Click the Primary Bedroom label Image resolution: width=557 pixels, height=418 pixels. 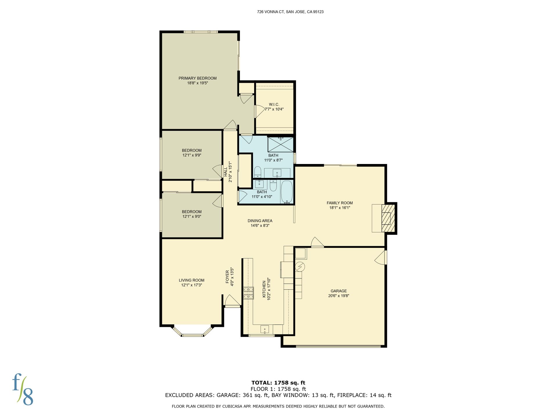pyautogui.click(x=198, y=78)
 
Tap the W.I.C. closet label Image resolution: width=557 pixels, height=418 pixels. pyautogui.click(x=274, y=105)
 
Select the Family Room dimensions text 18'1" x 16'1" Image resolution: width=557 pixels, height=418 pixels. pyautogui.click(x=340, y=208)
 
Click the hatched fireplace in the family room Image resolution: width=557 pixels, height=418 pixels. pyautogui.click(x=388, y=218)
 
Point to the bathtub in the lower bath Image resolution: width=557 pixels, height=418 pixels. pyautogui.click(x=287, y=192)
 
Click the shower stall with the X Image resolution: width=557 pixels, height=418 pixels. pyautogui.click(x=280, y=145)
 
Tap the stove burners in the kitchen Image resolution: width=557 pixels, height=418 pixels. pyautogui.click(x=248, y=293)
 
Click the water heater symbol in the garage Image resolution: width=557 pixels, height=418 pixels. pyautogui.click(x=300, y=266)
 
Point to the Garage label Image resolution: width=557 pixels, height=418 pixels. pyautogui.click(x=339, y=291)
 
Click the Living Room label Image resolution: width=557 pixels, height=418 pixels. pyautogui.click(x=191, y=280)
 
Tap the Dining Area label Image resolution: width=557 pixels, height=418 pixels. pyautogui.click(x=260, y=221)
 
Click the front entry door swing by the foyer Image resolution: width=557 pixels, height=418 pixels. pyautogui.click(x=232, y=301)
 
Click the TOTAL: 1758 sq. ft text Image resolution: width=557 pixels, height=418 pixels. pyautogui.click(x=278, y=383)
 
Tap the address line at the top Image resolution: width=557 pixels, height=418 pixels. pyautogui.click(x=290, y=12)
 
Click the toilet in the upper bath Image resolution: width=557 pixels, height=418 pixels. pyautogui.click(x=258, y=172)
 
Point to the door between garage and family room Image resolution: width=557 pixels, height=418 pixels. pyautogui.click(x=317, y=242)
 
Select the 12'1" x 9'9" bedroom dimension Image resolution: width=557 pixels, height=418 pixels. pyautogui.click(x=192, y=155)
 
